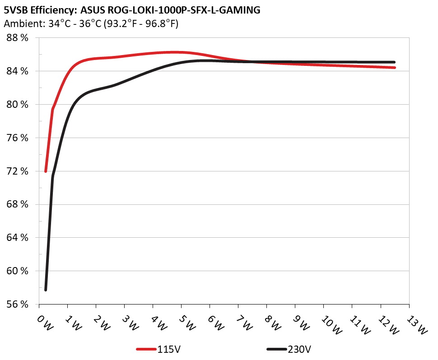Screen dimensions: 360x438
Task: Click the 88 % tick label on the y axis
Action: (17, 38)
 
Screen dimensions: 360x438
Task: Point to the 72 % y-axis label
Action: (17, 171)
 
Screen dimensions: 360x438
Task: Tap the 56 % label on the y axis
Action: (17, 305)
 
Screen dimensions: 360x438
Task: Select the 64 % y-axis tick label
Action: (17, 238)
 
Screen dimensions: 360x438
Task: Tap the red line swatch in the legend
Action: (146, 349)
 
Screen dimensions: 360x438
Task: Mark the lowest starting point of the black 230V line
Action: (46, 290)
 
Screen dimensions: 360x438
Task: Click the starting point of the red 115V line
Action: (46, 171)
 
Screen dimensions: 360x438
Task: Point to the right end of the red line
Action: (395, 68)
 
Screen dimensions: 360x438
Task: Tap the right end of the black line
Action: (395, 62)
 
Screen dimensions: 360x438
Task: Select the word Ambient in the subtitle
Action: (19, 24)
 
